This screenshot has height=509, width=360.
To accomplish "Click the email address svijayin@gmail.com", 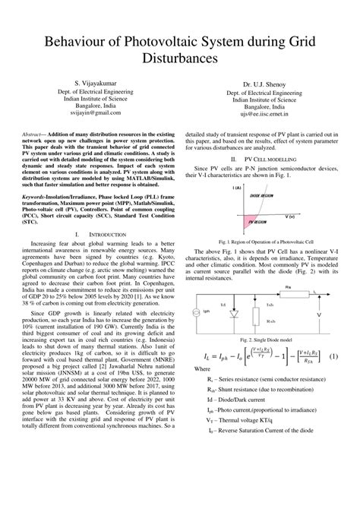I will click(99, 112).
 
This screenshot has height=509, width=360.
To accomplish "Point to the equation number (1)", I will click(333, 335).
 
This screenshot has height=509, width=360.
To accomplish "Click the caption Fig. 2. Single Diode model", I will click(260, 320).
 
